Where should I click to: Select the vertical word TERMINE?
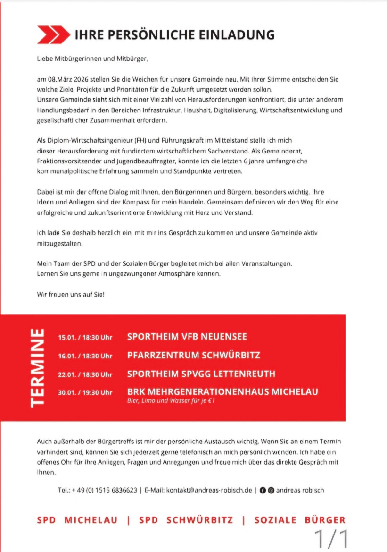37,367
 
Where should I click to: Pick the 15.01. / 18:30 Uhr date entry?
85,337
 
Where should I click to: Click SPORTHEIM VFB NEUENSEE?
187,337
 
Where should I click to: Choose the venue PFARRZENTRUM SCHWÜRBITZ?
193,355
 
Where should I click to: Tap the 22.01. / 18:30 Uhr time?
85,374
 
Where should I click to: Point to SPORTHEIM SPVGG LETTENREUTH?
201,374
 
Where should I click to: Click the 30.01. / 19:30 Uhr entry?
85,392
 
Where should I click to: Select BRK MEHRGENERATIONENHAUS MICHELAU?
222,391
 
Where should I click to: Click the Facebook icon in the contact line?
263,490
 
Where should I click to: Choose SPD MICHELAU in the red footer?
77,520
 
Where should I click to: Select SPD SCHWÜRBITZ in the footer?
186,520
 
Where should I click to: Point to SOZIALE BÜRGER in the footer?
300,520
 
